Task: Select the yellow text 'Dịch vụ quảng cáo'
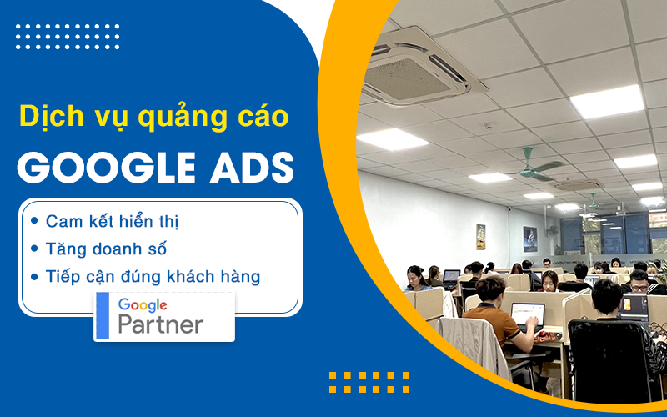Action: tap(155, 117)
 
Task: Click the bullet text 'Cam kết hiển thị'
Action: tap(113, 221)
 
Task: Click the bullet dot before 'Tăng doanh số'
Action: tap(34, 248)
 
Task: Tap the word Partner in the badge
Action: tap(160, 324)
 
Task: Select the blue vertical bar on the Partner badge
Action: tap(103, 316)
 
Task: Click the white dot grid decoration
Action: tap(67, 36)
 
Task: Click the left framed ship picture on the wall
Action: tap(481, 236)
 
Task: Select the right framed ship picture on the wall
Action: tap(529, 239)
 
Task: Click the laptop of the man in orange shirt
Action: tap(527, 315)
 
